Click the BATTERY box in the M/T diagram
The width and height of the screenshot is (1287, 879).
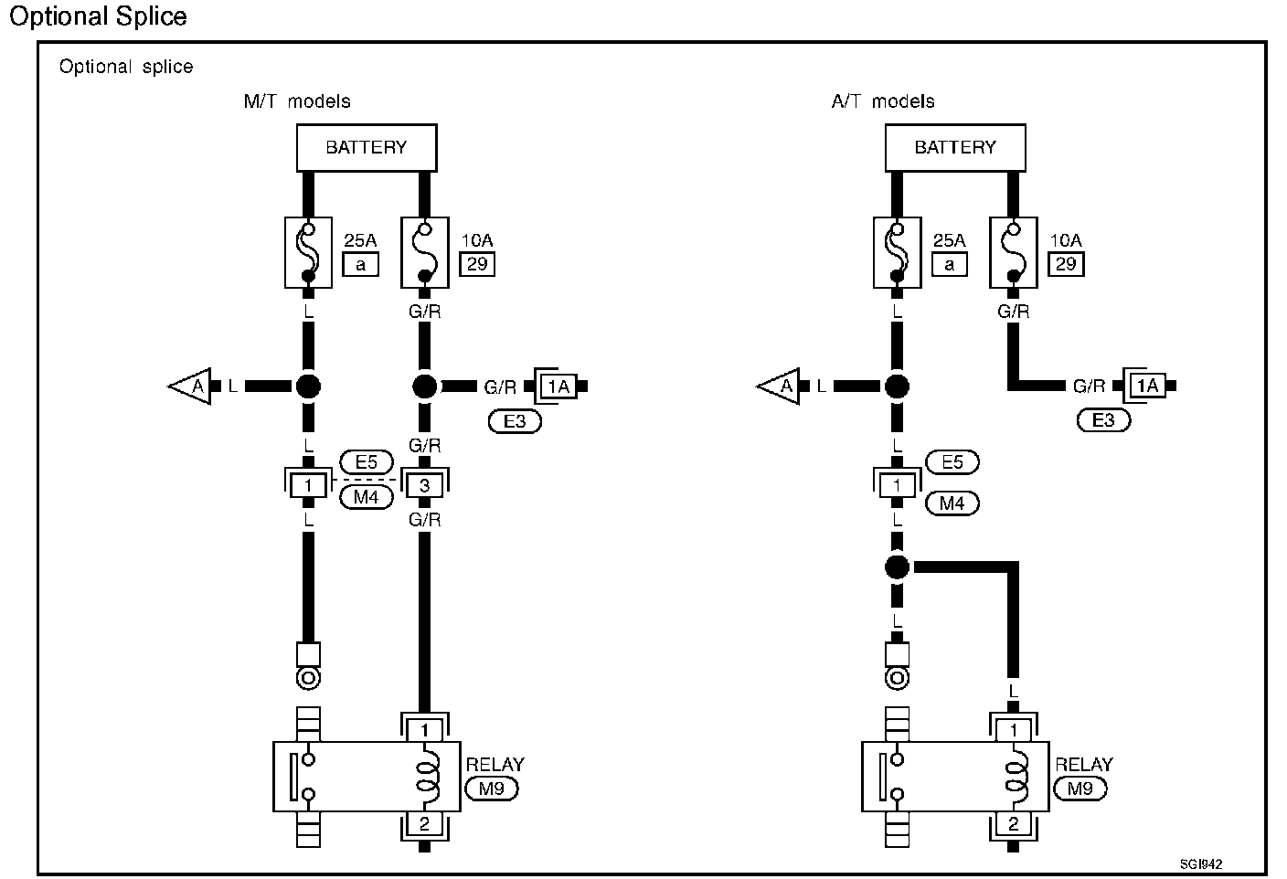click(x=367, y=147)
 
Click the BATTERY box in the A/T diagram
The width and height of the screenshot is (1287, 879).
click(x=955, y=147)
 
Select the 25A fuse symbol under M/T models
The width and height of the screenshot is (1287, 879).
click(x=308, y=251)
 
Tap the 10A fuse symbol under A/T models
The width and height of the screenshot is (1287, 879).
click(x=1013, y=251)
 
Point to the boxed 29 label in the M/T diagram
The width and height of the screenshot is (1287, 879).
click(x=476, y=264)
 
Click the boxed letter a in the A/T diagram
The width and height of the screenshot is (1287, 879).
click(x=950, y=264)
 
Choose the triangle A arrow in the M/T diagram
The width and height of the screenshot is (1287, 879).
click(x=190, y=387)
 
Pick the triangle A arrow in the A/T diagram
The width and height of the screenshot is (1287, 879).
click(x=779, y=387)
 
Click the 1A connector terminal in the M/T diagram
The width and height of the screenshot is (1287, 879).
click(x=558, y=387)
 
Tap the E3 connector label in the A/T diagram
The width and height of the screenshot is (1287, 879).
click(x=1104, y=420)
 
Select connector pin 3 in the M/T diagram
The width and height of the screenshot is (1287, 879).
click(x=424, y=486)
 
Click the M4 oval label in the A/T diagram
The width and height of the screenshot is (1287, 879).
click(x=952, y=503)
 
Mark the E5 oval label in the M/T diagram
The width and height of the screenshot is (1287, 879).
click(x=366, y=462)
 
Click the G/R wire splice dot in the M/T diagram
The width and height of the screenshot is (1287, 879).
click(x=424, y=386)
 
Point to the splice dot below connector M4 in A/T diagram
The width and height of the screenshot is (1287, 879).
click(x=897, y=567)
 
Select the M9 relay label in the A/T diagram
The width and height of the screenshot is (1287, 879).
click(x=1080, y=788)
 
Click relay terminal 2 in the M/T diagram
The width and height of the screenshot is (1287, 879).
click(x=424, y=823)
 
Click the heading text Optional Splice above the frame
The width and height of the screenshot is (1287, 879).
click(x=98, y=16)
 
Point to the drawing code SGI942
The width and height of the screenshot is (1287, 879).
click(x=1200, y=863)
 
